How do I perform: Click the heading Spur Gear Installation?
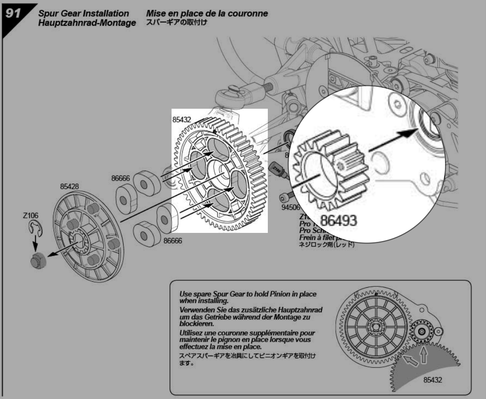coord(77,14)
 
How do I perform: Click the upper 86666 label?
coord(121,179)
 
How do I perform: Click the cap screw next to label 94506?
coord(285,197)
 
